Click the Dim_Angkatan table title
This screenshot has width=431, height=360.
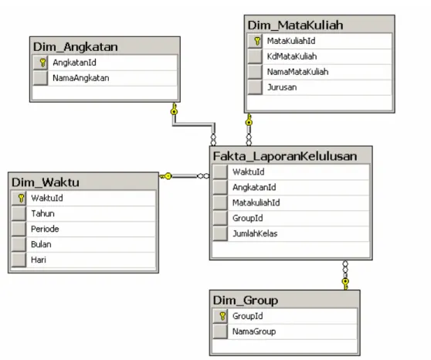(x=76, y=47)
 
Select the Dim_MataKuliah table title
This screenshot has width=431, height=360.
(x=295, y=25)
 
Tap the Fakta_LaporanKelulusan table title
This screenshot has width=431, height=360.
(x=285, y=156)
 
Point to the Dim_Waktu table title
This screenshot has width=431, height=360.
(x=46, y=182)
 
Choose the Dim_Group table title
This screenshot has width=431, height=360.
(x=246, y=300)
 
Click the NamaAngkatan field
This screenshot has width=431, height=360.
(x=81, y=78)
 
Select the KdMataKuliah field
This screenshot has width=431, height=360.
(x=292, y=56)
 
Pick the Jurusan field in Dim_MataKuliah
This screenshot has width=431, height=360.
(x=282, y=87)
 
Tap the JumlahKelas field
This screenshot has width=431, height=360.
(x=255, y=233)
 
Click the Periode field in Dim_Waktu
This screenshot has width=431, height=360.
(x=45, y=229)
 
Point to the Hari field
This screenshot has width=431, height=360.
(x=39, y=260)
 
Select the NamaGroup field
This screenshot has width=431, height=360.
(x=254, y=331)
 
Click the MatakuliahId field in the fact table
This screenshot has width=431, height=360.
(x=256, y=202)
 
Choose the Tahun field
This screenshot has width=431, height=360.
(x=42, y=213)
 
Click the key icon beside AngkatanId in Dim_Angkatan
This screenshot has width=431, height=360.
(x=42, y=63)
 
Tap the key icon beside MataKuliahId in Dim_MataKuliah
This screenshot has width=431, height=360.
(x=257, y=41)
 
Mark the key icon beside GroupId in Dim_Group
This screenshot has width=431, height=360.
(x=222, y=316)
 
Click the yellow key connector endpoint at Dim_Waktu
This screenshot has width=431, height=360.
(x=166, y=176)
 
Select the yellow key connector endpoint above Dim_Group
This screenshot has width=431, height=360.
(x=345, y=284)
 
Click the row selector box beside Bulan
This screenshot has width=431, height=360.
(x=19, y=244)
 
